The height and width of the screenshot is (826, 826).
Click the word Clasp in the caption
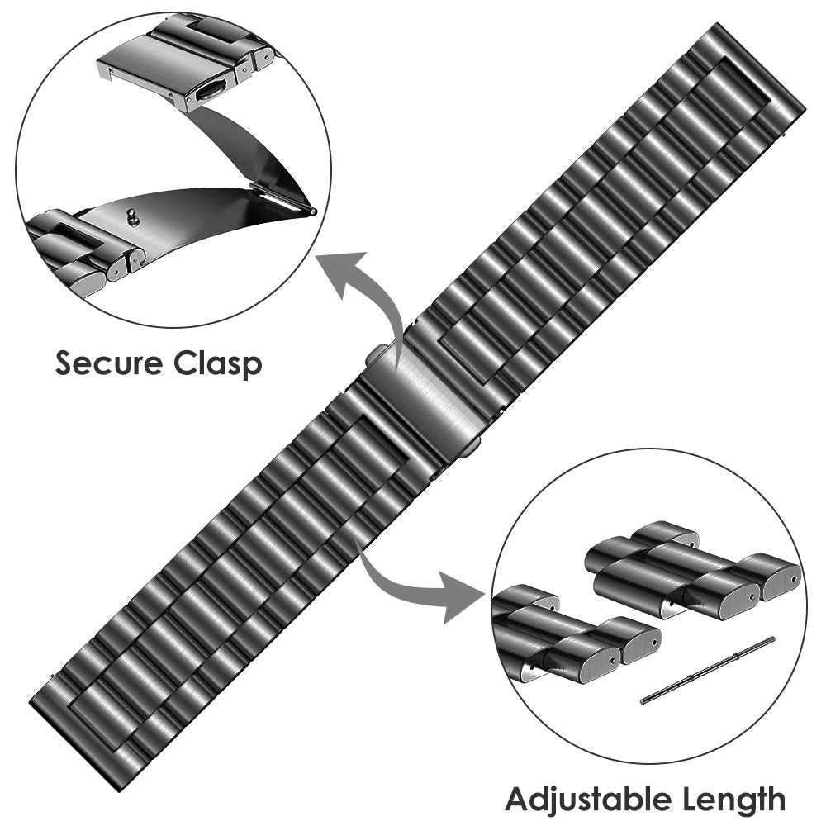pyautogui.click(x=219, y=364)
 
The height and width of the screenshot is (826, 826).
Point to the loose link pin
pyautogui.click(x=708, y=670)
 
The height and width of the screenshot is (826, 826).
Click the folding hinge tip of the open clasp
pyautogui.click(x=310, y=211)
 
